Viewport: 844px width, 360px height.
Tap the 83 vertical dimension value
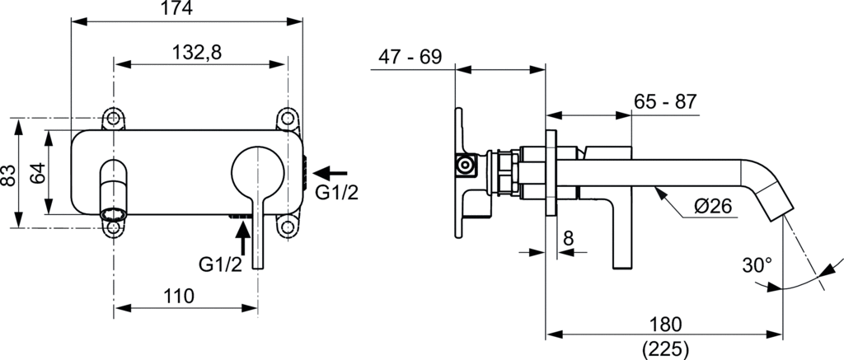coord(9,174)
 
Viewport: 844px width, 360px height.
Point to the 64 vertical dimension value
coord(37,174)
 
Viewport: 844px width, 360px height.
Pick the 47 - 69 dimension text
coord(410,58)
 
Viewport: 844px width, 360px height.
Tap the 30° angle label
coord(757,265)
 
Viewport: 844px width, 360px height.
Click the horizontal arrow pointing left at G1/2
coord(331,173)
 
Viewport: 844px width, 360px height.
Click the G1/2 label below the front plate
coord(220,264)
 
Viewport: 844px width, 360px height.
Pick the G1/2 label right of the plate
coord(335,193)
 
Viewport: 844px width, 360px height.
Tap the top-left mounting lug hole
coord(114,117)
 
